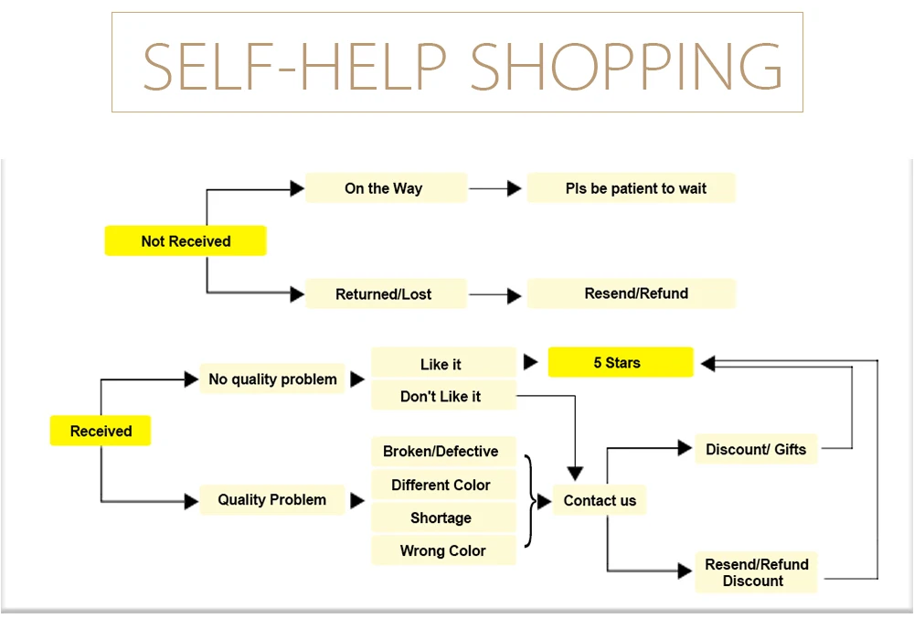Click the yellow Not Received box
(186, 240)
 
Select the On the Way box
(386, 187)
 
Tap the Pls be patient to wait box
(632, 187)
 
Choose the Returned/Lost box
(386, 293)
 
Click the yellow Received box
(101, 431)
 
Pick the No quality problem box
(272, 378)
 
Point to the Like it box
(443, 363)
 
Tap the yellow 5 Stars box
(621, 362)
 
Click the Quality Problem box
(272, 499)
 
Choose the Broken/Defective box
(443, 452)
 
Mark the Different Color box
(443, 485)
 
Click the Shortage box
(443, 517)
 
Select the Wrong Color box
(443, 550)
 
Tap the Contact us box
(600, 499)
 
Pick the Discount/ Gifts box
(756, 449)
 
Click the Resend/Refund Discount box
(756, 572)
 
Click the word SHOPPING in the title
(626, 66)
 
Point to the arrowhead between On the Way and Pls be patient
(514, 188)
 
